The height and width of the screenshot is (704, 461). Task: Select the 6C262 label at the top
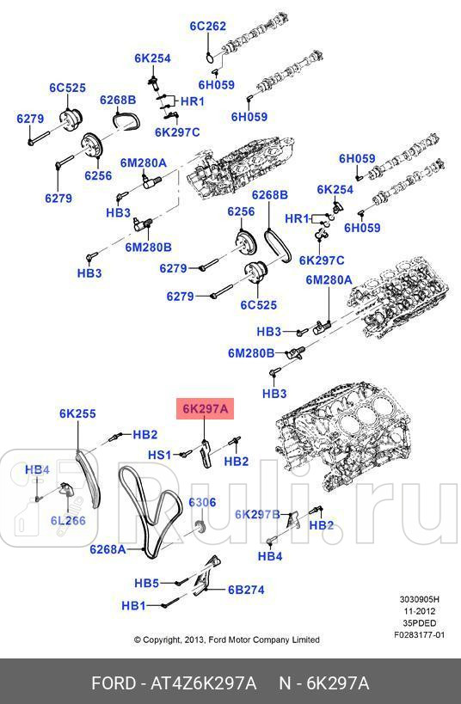click(x=207, y=26)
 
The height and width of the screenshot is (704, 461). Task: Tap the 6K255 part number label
click(x=77, y=413)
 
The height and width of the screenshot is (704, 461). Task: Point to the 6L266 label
click(x=67, y=520)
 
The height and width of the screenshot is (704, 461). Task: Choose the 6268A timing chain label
click(x=108, y=548)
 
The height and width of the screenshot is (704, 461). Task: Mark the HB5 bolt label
click(x=146, y=583)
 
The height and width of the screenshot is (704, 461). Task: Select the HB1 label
click(x=133, y=605)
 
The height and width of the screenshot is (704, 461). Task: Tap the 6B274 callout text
click(x=245, y=590)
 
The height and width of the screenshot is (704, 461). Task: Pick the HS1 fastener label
click(x=161, y=455)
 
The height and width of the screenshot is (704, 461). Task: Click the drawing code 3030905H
click(x=420, y=601)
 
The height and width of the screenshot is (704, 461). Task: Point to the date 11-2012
click(x=420, y=612)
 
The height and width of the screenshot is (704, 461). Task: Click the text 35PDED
click(x=420, y=624)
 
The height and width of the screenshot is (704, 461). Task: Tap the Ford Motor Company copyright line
click(x=226, y=640)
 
